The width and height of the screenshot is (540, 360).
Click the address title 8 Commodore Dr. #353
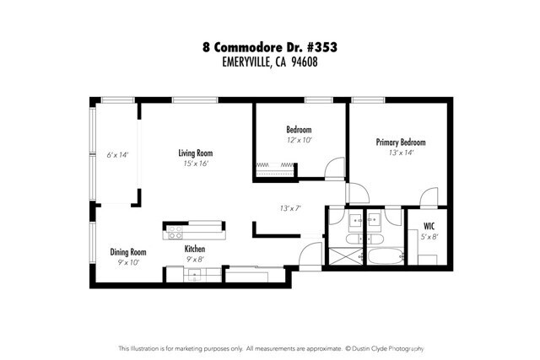tap(270, 48)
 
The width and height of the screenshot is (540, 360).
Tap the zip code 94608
tap(305, 62)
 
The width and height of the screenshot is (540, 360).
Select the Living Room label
tap(195, 153)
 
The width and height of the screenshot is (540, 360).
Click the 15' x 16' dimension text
tap(195, 164)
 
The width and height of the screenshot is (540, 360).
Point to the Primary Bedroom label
tap(400, 142)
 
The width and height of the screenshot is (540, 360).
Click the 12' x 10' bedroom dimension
tap(299, 140)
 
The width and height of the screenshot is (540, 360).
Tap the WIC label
tap(429, 227)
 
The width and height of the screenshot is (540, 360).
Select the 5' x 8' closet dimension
tap(429, 237)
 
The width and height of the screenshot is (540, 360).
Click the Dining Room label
tap(128, 252)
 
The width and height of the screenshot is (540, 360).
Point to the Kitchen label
tap(196, 250)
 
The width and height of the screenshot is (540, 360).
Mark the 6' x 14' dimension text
tap(116, 155)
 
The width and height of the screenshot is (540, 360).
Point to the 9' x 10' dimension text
tap(128, 262)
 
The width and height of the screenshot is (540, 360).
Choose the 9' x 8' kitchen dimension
tap(196, 260)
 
